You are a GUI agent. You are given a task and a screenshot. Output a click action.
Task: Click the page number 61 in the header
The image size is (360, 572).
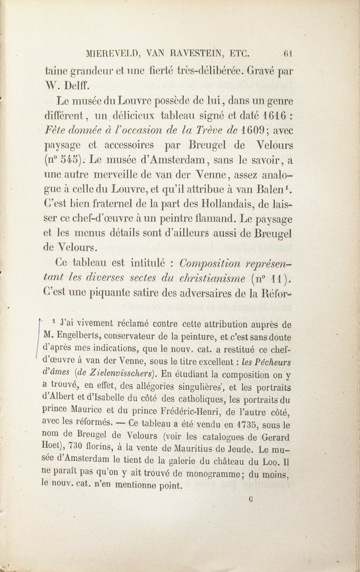(x=287, y=54)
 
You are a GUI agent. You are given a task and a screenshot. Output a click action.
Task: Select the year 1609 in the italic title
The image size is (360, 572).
(x=243, y=133)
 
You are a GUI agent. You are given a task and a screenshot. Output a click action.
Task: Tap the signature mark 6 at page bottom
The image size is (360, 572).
(x=250, y=498)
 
